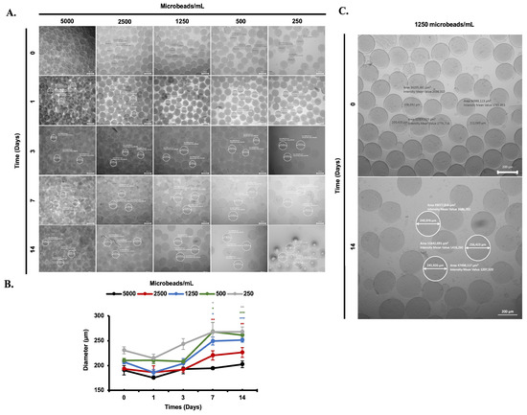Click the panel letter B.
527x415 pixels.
[10, 285]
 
